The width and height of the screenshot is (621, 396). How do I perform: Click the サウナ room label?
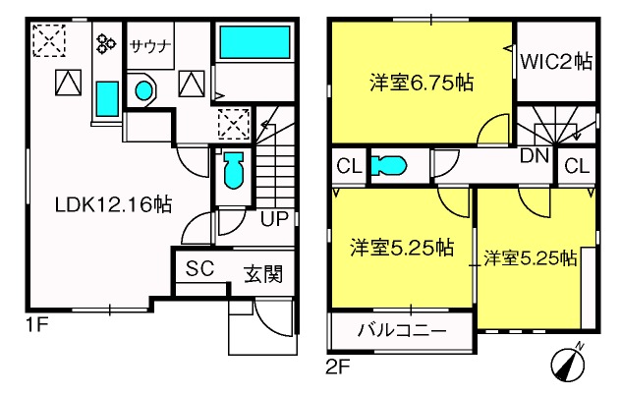(150, 47)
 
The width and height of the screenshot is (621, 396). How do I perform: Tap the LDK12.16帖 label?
(113, 205)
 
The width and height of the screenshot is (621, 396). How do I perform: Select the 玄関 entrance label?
(263, 273)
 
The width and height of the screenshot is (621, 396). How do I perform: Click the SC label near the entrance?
(200, 268)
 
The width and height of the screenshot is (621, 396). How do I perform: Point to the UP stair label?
(274, 218)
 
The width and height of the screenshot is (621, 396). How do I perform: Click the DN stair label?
(535, 156)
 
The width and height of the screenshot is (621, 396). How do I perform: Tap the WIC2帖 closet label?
(556, 62)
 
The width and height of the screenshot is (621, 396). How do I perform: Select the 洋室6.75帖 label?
(422, 83)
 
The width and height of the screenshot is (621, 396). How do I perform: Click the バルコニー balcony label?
(402, 330)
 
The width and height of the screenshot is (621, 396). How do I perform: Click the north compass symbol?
(568, 362)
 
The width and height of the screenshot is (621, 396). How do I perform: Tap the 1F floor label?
(36, 325)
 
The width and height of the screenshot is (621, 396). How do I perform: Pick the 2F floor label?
(338, 368)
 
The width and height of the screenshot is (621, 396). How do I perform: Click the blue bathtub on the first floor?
(254, 42)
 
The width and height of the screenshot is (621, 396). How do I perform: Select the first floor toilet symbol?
(234, 170)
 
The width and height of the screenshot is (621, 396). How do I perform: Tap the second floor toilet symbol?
(388, 165)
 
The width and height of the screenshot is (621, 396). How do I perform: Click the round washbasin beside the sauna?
(143, 90)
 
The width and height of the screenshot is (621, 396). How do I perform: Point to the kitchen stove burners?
(106, 43)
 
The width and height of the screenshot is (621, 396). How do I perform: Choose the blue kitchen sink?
(107, 99)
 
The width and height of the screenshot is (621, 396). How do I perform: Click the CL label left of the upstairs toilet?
(350, 166)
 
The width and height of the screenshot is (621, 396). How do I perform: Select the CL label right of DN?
(577, 166)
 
